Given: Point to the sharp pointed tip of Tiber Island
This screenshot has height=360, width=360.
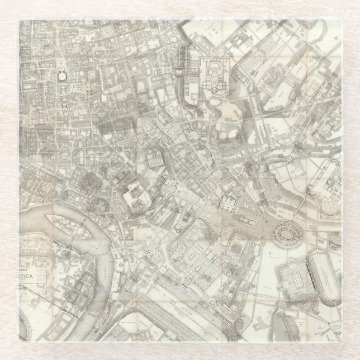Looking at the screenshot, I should pos(45,216).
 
